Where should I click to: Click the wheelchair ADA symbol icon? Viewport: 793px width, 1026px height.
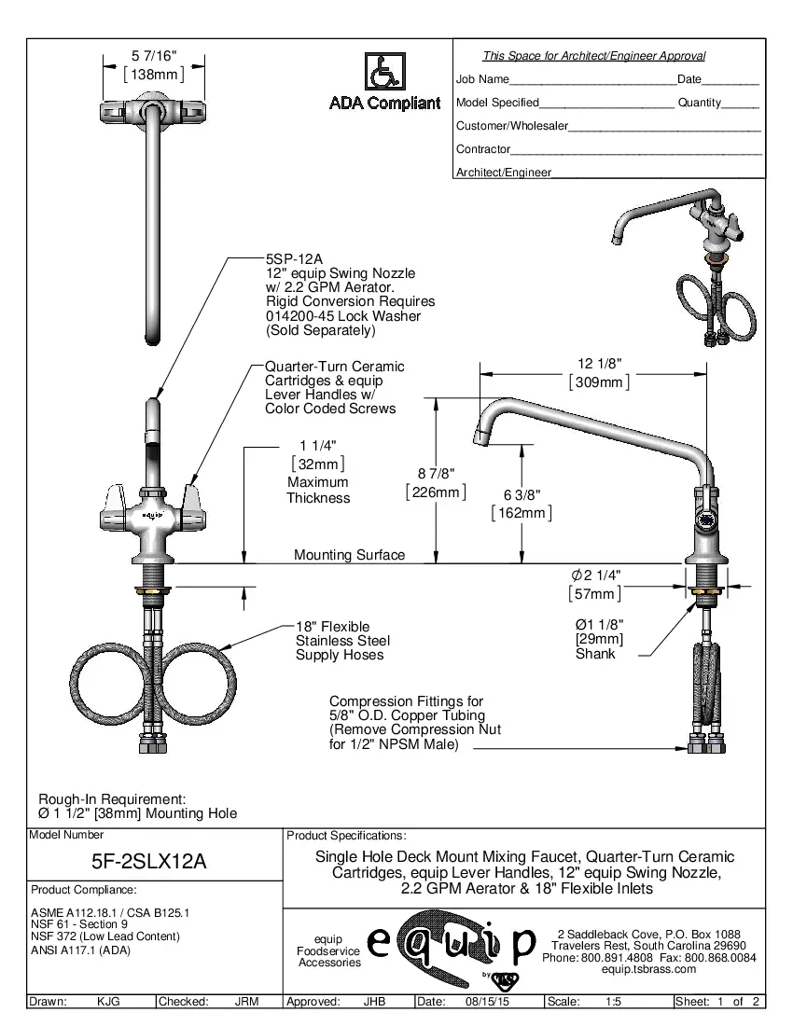coord(379,73)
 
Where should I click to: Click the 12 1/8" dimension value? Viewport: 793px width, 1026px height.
coord(600,364)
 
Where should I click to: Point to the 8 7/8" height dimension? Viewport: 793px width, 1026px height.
coord(435,474)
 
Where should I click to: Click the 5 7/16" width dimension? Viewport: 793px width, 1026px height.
coord(154,58)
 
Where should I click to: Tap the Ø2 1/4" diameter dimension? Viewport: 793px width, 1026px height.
coord(595,575)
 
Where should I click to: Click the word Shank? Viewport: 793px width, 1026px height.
coord(595,655)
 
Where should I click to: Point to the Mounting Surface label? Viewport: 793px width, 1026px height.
coord(350,555)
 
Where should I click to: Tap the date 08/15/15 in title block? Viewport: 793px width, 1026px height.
coord(485,1002)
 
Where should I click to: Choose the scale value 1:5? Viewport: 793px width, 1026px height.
coord(614,1002)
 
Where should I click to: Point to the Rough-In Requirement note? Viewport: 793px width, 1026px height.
coord(112,799)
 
